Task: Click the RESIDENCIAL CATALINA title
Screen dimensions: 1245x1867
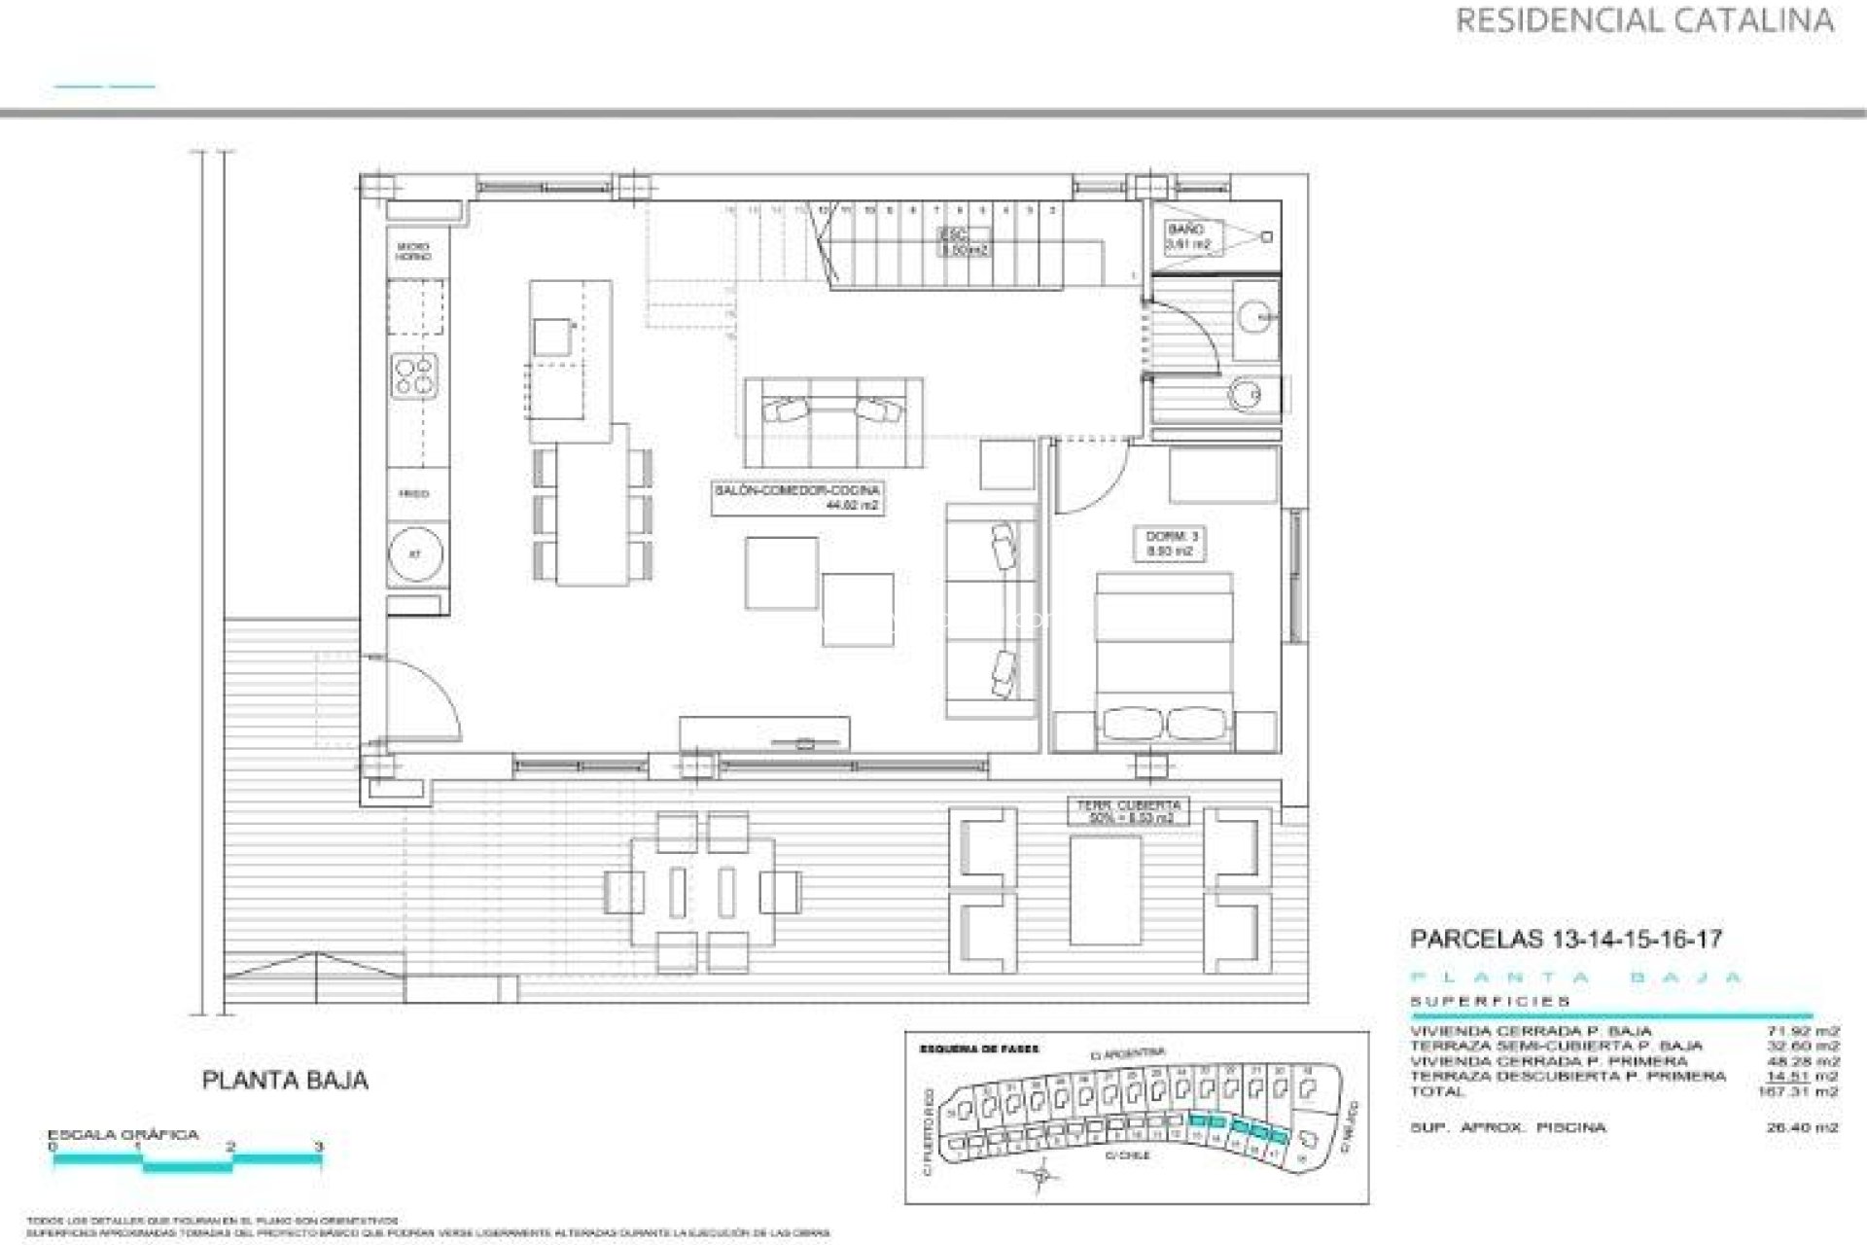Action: coord(1644,20)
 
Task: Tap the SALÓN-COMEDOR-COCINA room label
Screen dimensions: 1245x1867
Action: coord(796,498)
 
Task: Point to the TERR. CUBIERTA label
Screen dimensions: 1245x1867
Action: coord(1128,811)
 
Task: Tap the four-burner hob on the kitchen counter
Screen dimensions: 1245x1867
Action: coord(415,375)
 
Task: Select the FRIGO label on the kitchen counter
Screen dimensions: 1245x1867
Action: coord(415,494)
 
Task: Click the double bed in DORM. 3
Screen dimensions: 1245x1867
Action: coord(1164,661)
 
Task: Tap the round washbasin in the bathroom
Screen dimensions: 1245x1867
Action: coord(1257,312)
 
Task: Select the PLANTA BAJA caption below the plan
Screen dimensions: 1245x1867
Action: coord(285,1081)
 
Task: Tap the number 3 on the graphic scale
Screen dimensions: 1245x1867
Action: coord(319,1148)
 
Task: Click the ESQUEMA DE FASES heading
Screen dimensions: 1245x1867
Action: coord(978,1049)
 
